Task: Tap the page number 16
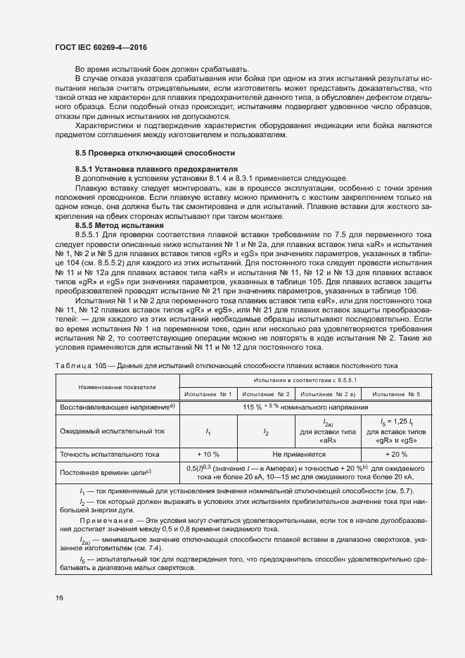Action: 58,597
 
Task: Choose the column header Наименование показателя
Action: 117,387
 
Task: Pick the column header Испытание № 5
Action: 396,393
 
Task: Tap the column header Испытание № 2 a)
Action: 330,393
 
